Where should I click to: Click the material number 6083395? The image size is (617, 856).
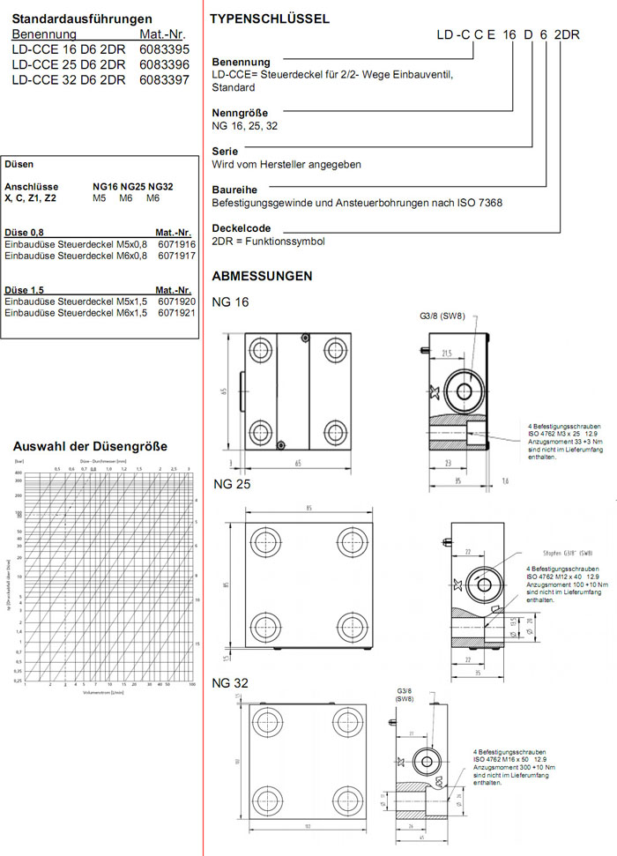pos(164,49)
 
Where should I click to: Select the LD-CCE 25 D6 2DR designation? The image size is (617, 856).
pos(68,64)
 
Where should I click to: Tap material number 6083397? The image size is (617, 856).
pos(164,79)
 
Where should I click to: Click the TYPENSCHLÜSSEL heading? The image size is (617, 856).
pos(271,19)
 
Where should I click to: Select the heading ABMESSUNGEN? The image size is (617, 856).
pos(262,276)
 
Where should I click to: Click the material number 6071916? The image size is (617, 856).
pos(176,243)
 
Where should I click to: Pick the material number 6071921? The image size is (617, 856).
pos(176,313)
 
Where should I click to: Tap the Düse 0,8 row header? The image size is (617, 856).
pos(25,232)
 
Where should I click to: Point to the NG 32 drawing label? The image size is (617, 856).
pos(231,683)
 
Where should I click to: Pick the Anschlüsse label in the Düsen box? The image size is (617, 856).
pos(31,187)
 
